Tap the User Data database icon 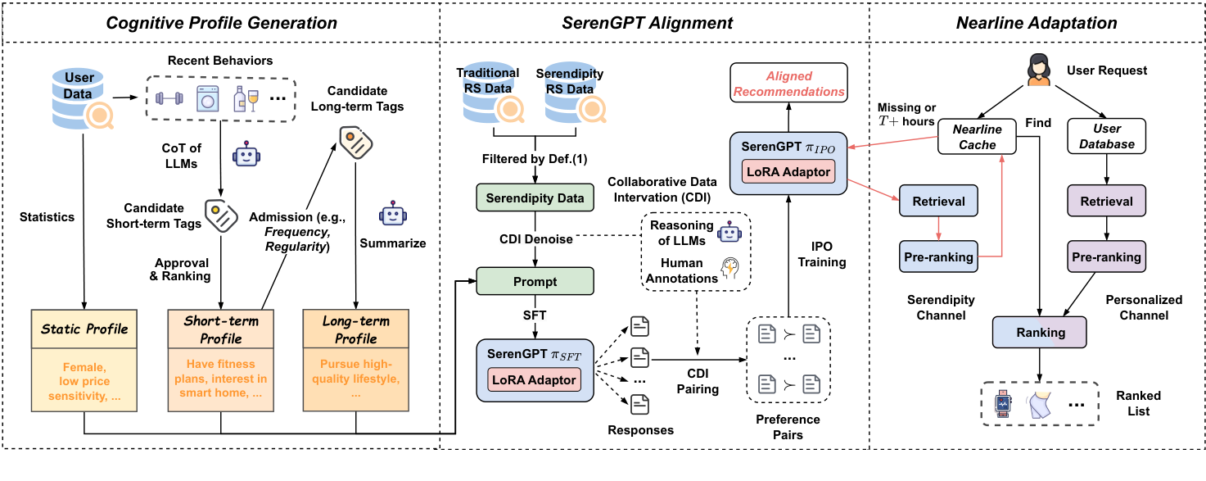click(x=79, y=93)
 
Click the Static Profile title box click(x=84, y=329)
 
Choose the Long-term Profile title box click(x=355, y=330)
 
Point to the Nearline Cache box click(x=978, y=137)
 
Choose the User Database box click(x=1108, y=137)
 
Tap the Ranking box click(x=1040, y=333)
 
